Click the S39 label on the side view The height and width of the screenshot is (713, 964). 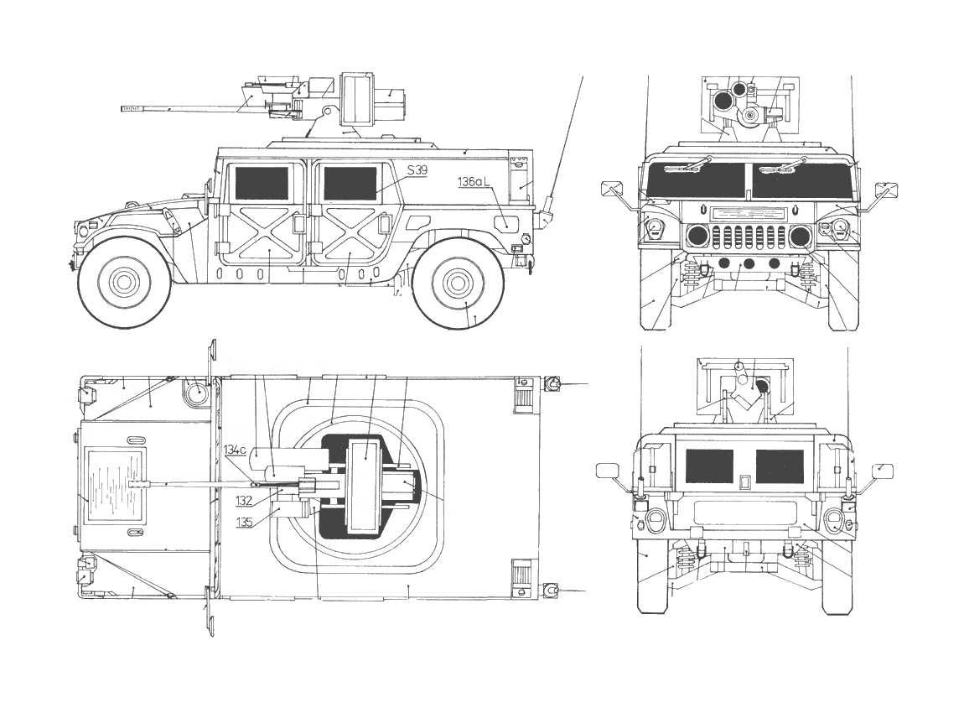(417, 170)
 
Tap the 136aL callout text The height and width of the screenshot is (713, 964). (475, 181)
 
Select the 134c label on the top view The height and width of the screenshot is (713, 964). (235, 450)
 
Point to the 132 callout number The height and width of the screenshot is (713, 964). (244, 500)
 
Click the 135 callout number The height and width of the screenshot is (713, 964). (244, 521)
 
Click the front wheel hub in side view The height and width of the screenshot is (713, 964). (124, 282)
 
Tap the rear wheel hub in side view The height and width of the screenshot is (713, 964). (457, 283)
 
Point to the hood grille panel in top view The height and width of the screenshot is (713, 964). (117, 486)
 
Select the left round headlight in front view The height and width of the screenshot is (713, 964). (698, 236)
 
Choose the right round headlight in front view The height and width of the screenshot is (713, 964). (801, 236)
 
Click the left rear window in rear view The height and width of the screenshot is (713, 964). (709, 466)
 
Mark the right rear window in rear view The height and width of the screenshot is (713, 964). (780, 466)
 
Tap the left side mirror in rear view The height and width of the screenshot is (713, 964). (607, 471)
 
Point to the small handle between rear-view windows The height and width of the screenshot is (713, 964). (743, 482)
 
